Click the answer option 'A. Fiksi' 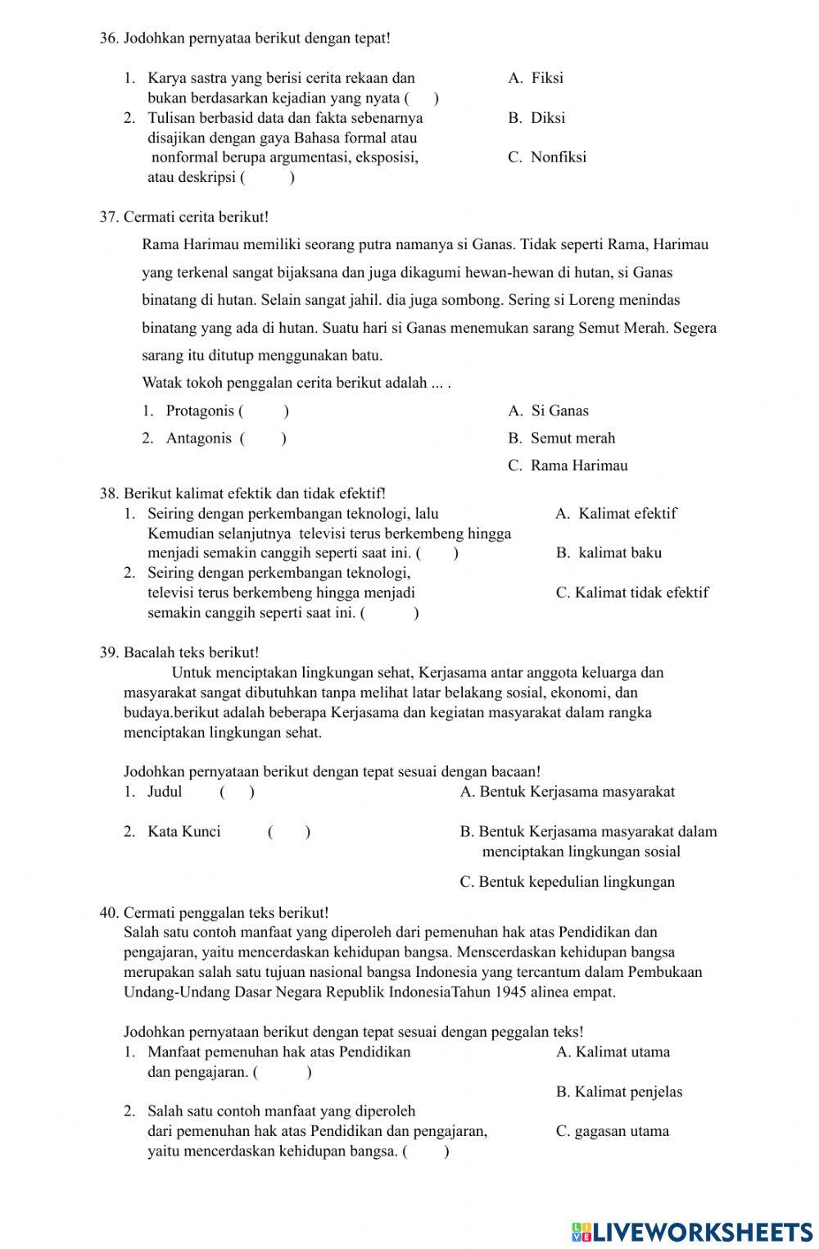[x=536, y=79]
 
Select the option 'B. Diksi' [x=536, y=118]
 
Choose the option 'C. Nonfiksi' [x=547, y=157]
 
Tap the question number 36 [x=109, y=38]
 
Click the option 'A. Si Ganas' [x=548, y=411]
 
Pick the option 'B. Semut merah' [x=561, y=438]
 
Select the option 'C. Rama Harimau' [x=568, y=466]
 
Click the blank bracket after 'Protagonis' [x=263, y=411]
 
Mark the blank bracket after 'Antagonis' [x=263, y=438]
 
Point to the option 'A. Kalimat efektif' [x=616, y=514]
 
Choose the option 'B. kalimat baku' [x=609, y=553]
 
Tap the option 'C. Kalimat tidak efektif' [x=631, y=593]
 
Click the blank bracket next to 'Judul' [x=237, y=792]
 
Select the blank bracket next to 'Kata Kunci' [x=288, y=832]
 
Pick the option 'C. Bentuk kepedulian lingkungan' [x=568, y=883]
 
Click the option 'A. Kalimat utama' [x=613, y=1052]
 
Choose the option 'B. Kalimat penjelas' [x=618, y=1092]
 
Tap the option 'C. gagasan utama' [x=612, y=1132]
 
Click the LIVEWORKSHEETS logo [x=692, y=1231]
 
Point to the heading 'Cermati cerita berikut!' [x=196, y=217]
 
